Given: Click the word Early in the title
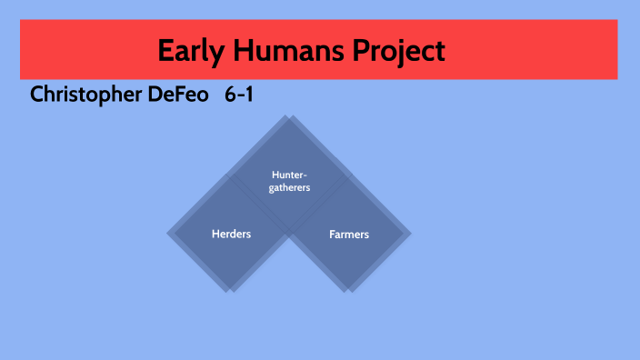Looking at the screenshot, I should (188, 50).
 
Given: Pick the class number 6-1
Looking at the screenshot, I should (238, 95).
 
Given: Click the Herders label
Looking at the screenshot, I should (231, 234).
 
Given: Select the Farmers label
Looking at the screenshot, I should (349, 234).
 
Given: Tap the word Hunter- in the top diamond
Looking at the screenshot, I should (290, 175).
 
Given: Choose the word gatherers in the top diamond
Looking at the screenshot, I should (290, 187).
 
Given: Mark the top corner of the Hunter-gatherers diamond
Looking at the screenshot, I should (290, 117).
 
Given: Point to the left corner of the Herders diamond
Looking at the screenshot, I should (169, 234).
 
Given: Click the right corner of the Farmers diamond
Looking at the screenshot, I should (411, 234).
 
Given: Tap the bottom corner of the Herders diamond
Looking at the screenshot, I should (231, 292).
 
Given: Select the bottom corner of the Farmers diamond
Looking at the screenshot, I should (349, 292).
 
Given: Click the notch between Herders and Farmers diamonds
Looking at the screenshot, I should (290, 238).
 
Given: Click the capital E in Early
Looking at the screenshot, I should (165, 50).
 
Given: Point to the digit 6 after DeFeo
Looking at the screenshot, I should (229, 95).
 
